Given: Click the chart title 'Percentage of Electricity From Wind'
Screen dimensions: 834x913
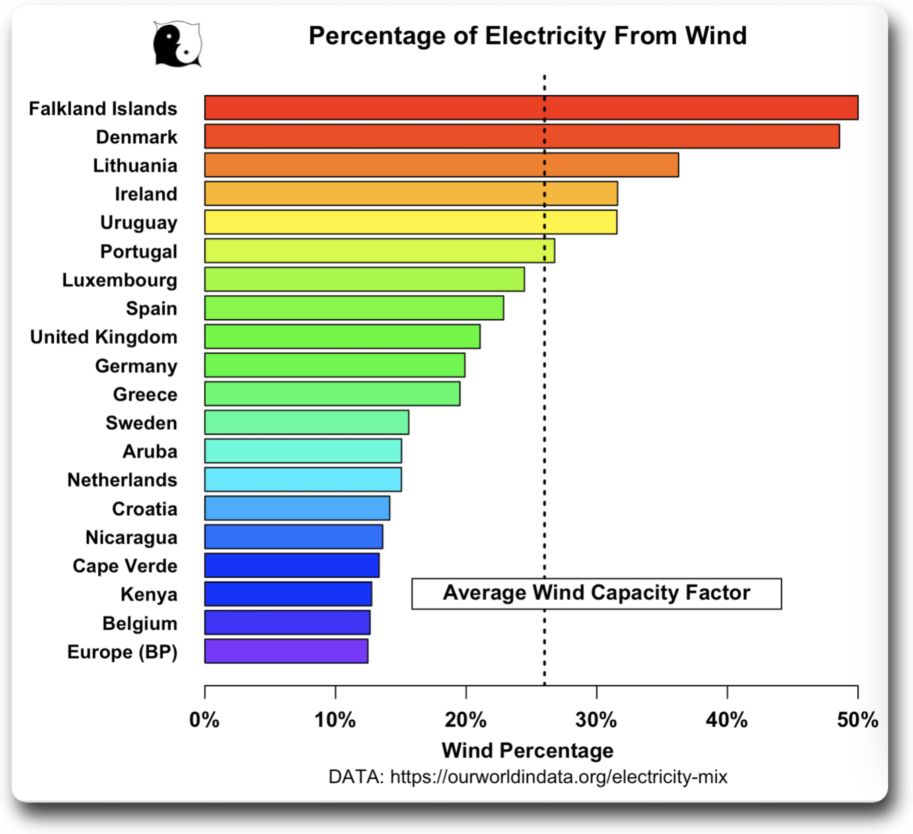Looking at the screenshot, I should point(527,36).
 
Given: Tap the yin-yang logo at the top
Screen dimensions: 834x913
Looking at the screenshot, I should point(177,44).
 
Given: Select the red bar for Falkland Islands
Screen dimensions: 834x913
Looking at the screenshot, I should point(531,108).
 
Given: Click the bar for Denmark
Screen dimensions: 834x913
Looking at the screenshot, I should point(521,137).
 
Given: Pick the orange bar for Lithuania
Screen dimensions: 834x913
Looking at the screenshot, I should point(441,165).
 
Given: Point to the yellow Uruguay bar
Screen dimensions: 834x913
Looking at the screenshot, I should point(410,222).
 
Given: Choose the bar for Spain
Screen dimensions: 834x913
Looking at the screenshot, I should point(354,308).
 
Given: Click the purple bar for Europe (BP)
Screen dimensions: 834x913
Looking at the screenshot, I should point(286,651).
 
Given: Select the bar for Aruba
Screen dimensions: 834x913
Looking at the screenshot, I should point(303,451).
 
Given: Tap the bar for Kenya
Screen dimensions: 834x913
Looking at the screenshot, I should point(288,594).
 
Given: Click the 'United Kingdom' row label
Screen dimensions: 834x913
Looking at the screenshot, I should point(104,337).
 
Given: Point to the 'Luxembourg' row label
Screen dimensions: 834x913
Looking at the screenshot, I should point(120,280).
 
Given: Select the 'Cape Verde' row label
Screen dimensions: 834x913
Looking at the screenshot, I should point(125,566).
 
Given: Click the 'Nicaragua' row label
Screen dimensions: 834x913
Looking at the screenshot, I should point(131,537).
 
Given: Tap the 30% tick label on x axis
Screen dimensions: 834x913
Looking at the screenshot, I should point(596,720).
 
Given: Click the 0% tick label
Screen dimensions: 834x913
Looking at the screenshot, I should point(205,720).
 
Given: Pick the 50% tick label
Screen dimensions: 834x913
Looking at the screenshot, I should point(857,720).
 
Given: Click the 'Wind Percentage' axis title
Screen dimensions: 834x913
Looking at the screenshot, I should point(527,750).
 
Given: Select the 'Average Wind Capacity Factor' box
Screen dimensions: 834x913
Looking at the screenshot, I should point(596,593).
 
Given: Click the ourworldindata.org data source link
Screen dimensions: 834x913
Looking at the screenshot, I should point(558,778).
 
